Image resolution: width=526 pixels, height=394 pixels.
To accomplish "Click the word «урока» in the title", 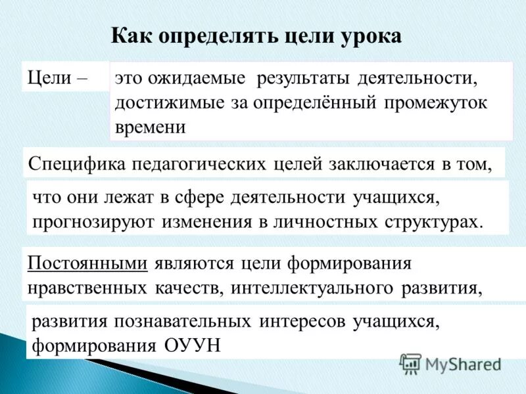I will pos(368,35).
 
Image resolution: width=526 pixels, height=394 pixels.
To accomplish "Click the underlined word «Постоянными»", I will pos(87,264).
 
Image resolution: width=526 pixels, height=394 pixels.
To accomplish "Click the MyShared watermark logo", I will pos(450,364).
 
